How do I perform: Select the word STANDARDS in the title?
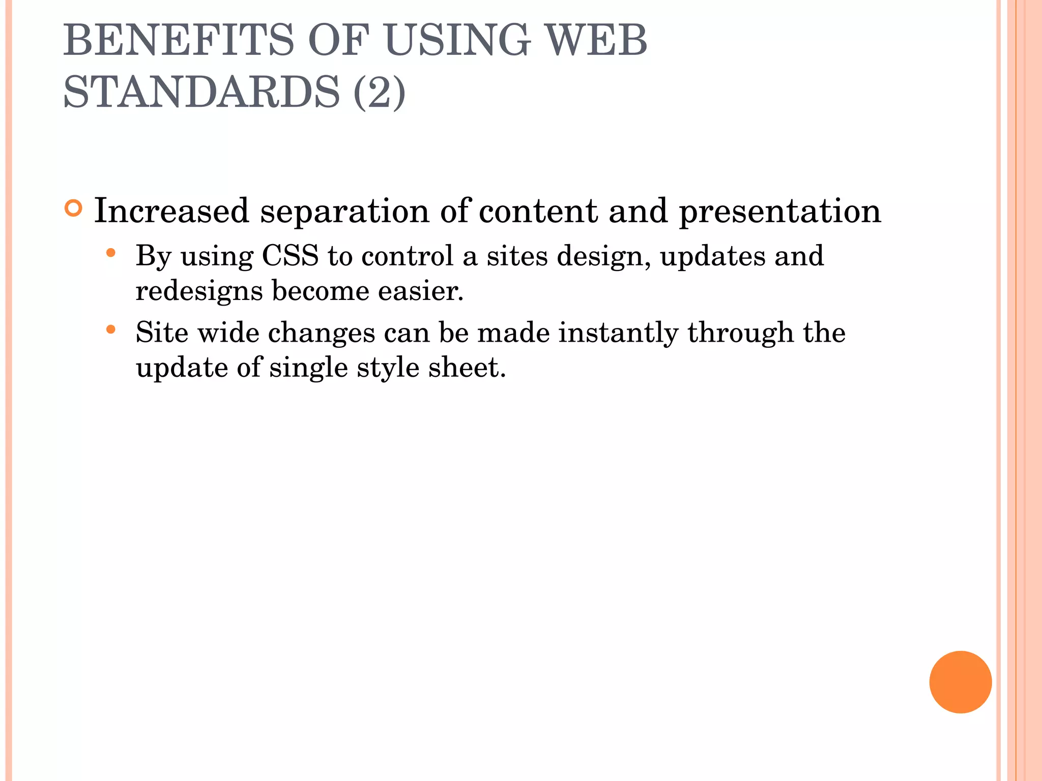[201, 92]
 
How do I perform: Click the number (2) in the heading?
[379, 92]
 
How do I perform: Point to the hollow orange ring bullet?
[74, 208]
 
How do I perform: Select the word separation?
[344, 212]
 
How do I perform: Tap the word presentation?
[779, 212]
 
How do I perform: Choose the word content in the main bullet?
[538, 211]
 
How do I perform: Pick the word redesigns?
[199, 292]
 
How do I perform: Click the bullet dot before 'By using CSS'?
[111, 253]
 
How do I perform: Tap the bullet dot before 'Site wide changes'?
[111, 329]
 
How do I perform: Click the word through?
[741, 333]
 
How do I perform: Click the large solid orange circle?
[960, 682]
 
